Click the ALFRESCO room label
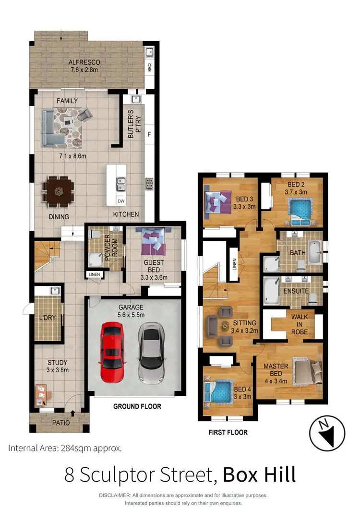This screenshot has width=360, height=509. pyautogui.click(x=84, y=62)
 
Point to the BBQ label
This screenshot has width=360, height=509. pyautogui.click(x=149, y=66)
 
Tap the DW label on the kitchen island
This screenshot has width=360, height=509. pyautogui.click(x=121, y=201)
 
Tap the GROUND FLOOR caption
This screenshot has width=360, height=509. pyautogui.click(x=137, y=406)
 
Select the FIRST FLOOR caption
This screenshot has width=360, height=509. pyautogui.click(x=228, y=432)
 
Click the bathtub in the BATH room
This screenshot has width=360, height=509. pyautogui.click(x=314, y=252)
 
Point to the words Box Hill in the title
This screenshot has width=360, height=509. pyautogui.click(x=259, y=474)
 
